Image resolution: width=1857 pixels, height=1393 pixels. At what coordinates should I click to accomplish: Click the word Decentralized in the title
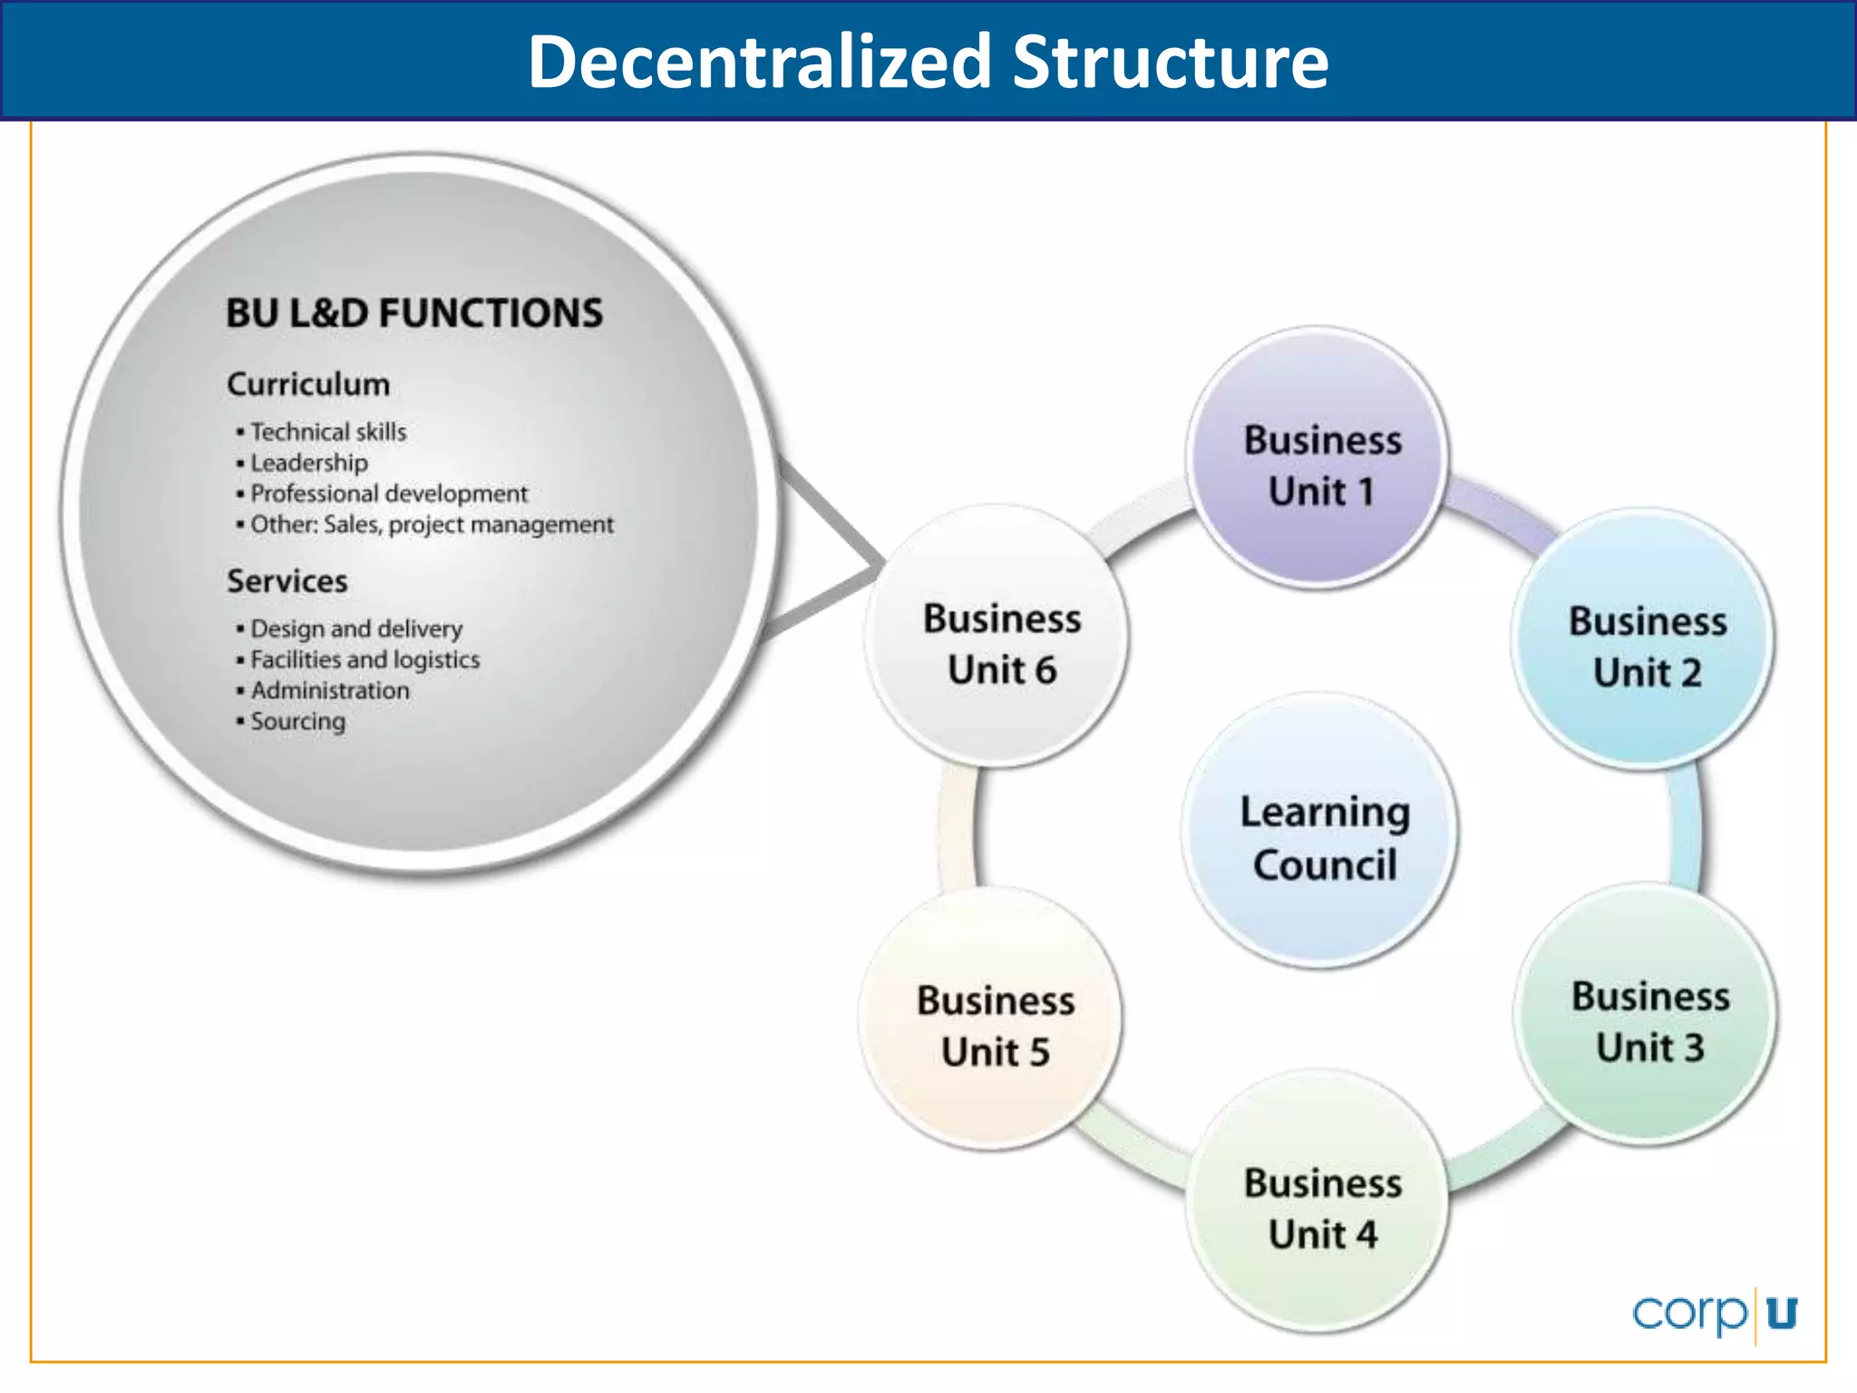pos(759,62)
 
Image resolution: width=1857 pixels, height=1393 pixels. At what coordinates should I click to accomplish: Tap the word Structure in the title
pos(1170,62)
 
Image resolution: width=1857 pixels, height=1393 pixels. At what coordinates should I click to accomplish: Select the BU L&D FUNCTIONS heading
pos(413,314)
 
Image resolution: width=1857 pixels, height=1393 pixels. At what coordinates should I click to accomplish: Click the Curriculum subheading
pos(308,385)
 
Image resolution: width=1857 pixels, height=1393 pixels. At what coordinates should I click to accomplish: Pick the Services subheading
pos(287,581)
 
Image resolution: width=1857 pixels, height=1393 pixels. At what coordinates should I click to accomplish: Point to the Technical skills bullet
pos(327,432)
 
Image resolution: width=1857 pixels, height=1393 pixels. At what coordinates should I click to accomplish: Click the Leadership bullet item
pos(308,463)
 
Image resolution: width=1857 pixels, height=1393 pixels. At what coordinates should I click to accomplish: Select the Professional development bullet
pos(388,493)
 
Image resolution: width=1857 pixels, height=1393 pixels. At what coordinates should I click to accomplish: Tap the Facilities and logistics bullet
pos(365,659)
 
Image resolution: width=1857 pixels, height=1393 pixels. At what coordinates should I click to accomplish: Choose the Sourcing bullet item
pos(297,721)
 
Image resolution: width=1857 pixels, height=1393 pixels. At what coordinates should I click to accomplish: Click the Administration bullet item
pos(329,690)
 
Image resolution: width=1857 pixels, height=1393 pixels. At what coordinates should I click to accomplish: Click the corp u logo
pos(1714,1313)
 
